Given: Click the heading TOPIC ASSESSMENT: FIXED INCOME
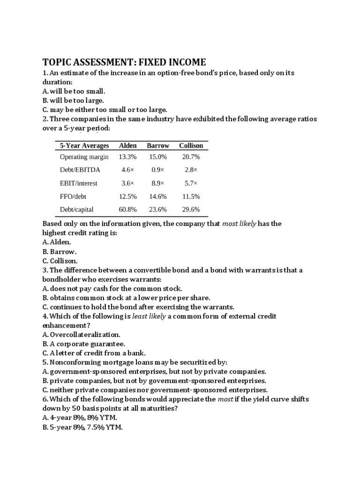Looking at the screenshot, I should pyautogui.click(x=124, y=62).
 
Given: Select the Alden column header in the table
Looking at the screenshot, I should pyautogui.click(x=128, y=145).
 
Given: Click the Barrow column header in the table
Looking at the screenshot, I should pyautogui.click(x=157, y=145).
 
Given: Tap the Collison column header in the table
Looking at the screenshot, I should pyautogui.click(x=191, y=145).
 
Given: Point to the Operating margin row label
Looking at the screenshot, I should pyautogui.click(x=84, y=157).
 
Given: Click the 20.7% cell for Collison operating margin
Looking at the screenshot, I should pyautogui.click(x=191, y=157).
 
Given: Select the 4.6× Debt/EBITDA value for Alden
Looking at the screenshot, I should pyautogui.click(x=128, y=170).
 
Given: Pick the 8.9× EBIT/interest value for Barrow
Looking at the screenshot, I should pyautogui.click(x=157, y=183).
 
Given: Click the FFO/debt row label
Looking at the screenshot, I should pyautogui.click(x=74, y=196).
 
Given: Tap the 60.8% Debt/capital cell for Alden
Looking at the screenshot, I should pyautogui.click(x=128, y=210).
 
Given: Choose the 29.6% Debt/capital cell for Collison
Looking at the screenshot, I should pyautogui.click(x=191, y=210).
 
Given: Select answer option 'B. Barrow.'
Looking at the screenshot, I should pyautogui.click(x=60, y=251).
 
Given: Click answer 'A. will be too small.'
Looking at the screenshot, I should pyautogui.click(x=74, y=91).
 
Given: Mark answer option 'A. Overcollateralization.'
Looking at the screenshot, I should pyautogui.click(x=82, y=335).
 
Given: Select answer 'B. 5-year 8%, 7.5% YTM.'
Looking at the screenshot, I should pyautogui.click(x=82, y=427).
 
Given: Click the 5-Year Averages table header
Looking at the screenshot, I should pyautogui.click(x=84, y=145).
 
